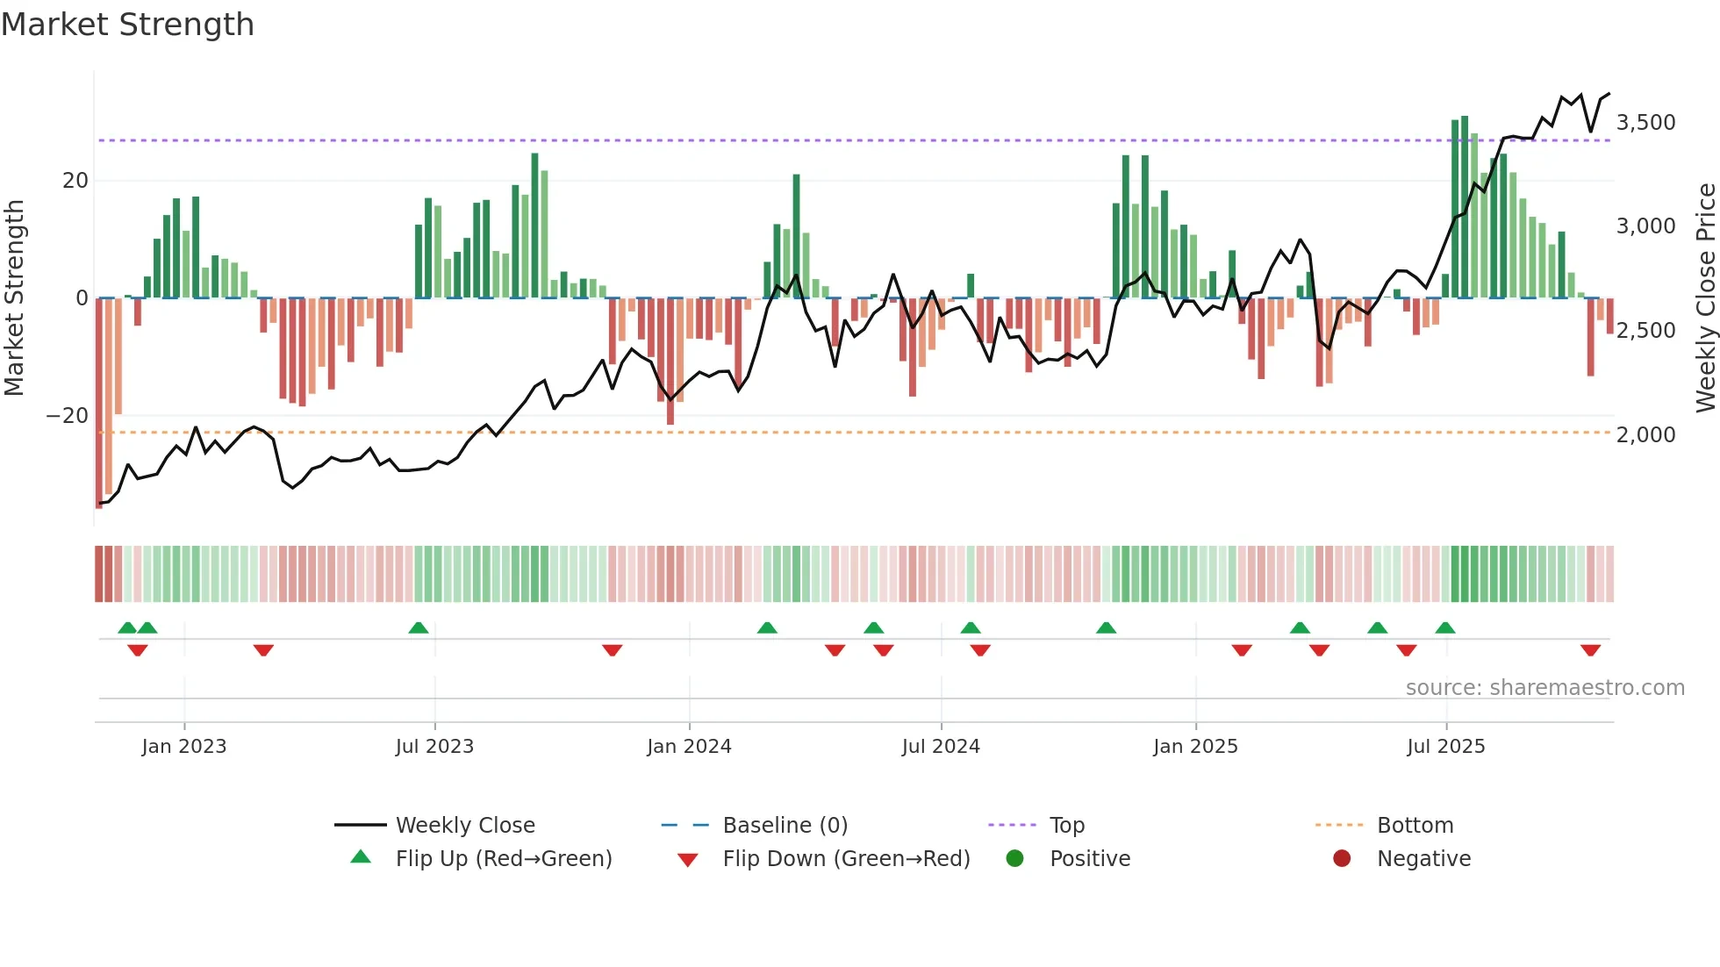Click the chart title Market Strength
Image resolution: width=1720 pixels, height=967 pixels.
(127, 25)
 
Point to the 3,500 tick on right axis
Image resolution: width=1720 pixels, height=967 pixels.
(1645, 123)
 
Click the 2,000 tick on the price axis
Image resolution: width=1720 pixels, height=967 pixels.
(1645, 435)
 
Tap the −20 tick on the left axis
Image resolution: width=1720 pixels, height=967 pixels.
(68, 416)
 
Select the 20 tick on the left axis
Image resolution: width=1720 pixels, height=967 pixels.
(75, 181)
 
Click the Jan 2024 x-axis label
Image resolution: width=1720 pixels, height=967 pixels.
(689, 747)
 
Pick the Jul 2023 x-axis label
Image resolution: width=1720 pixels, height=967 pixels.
(434, 747)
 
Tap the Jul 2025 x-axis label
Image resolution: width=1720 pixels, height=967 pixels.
(1445, 747)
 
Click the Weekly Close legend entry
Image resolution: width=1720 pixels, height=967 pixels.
(465, 826)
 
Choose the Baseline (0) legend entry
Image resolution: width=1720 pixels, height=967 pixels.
(785, 826)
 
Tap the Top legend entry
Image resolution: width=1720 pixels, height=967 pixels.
(1067, 826)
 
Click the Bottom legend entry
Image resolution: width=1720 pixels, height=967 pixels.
(1415, 826)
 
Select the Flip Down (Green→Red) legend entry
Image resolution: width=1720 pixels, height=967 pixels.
(846, 859)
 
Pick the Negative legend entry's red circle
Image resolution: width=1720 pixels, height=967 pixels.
(1342, 859)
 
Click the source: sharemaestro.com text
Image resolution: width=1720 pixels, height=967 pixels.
(1544, 688)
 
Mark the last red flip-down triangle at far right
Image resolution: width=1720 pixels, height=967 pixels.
(1590, 650)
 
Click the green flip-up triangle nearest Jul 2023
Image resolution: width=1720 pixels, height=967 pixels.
(419, 627)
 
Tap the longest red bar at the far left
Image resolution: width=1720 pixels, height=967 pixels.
(99, 404)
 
